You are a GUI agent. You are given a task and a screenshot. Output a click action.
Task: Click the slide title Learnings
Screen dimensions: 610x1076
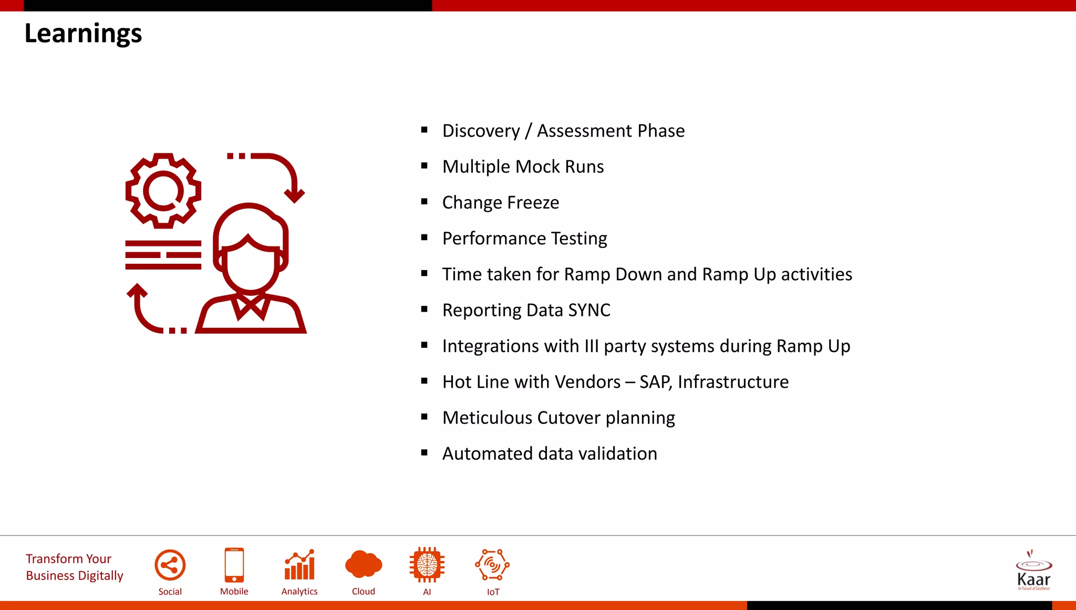[x=83, y=34]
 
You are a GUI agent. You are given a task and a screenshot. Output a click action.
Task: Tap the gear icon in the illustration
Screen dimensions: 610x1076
[x=163, y=191]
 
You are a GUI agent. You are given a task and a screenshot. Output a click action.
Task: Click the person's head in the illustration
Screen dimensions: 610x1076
[x=251, y=247]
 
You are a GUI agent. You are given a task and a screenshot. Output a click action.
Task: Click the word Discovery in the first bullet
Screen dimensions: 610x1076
[x=481, y=131]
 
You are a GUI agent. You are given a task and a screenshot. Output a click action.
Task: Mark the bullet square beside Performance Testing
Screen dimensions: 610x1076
[x=425, y=237]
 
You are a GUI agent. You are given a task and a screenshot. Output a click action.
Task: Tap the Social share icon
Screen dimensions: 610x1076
[x=170, y=565]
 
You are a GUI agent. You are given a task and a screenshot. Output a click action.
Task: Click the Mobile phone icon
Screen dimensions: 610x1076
[x=234, y=565]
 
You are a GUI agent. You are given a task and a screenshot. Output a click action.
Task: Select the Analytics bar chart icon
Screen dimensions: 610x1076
[x=299, y=565]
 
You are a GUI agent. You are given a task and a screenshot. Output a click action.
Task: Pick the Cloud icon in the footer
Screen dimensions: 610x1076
[x=364, y=565]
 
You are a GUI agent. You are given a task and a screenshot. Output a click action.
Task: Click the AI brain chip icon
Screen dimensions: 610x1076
[x=427, y=565]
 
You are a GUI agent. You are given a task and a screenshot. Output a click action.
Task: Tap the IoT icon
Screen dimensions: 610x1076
[x=492, y=565]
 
